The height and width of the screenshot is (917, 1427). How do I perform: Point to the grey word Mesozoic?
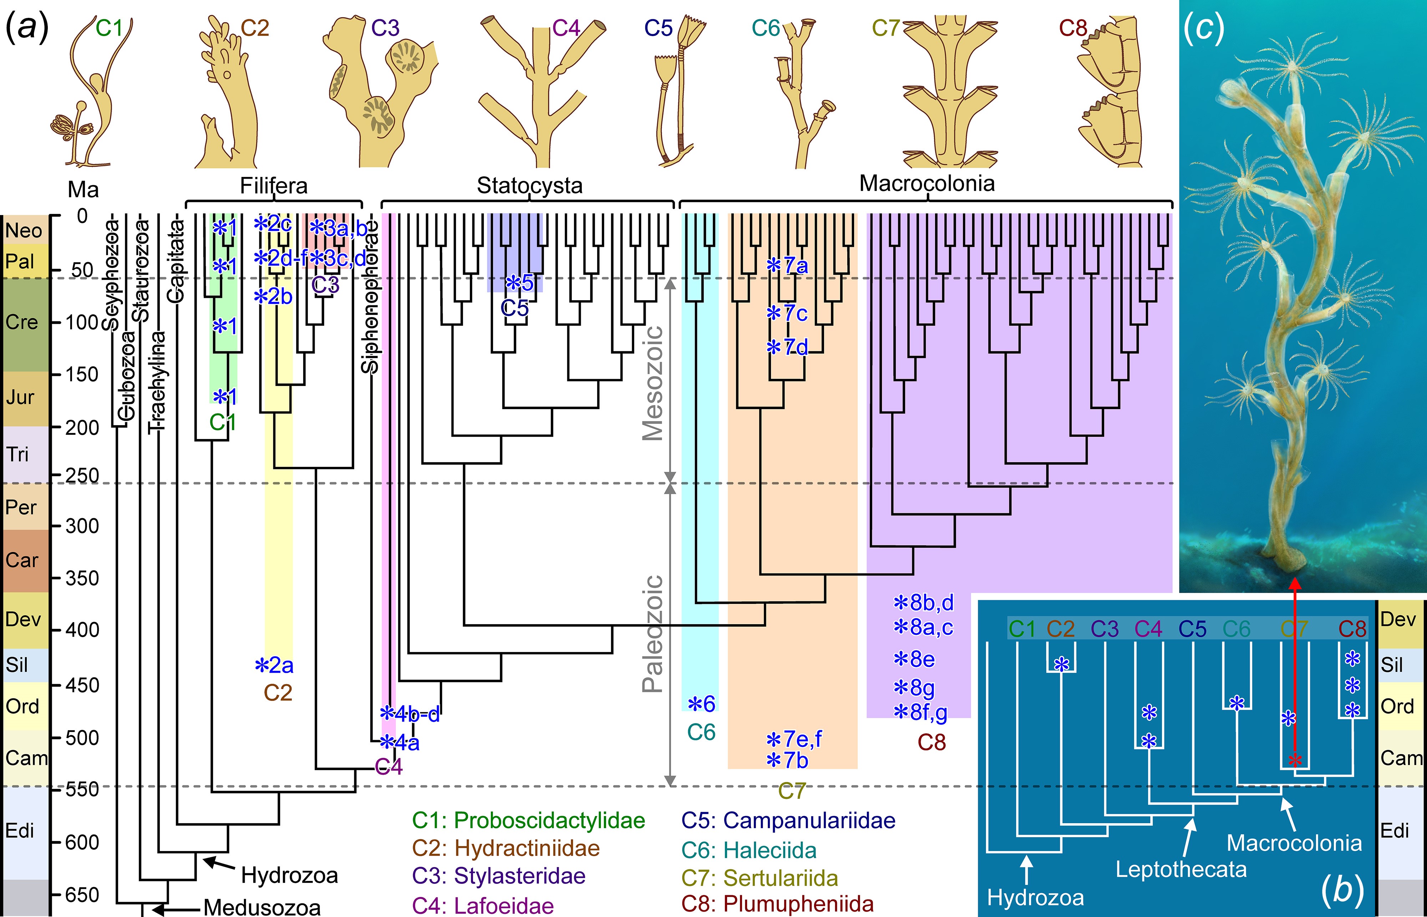653,383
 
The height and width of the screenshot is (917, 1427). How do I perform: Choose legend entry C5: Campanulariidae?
788,821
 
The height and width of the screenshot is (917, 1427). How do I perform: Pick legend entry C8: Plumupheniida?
777,904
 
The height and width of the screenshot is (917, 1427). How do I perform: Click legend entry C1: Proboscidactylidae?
528,821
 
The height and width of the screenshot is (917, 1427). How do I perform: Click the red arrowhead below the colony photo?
1295,584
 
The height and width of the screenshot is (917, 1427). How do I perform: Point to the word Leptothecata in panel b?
1180,869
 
